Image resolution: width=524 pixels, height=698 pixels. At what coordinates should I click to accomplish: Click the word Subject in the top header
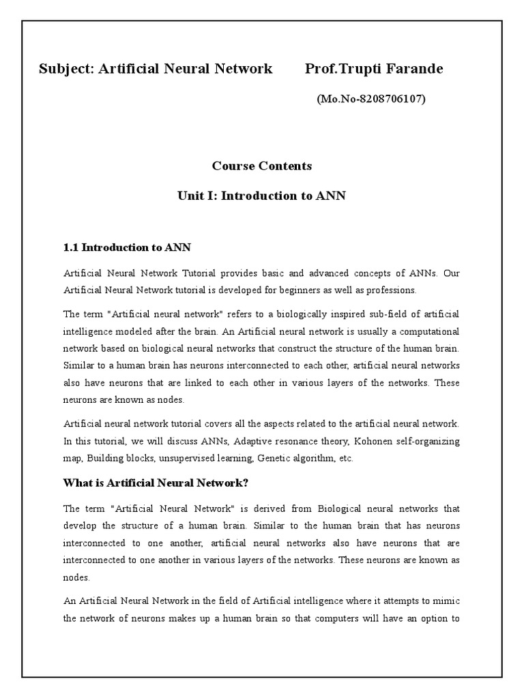pyautogui.click(x=65, y=69)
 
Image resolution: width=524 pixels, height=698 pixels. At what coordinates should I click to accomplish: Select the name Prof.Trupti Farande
pyautogui.click(x=374, y=69)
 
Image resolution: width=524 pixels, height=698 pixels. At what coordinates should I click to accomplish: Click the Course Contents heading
pyautogui.click(x=261, y=166)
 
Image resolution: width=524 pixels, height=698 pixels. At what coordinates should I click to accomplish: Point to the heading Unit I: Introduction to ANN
pyautogui.click(x=261, y=196)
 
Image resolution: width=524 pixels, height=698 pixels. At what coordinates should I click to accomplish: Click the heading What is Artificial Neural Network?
pyautogui.click(x=156, y=483)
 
